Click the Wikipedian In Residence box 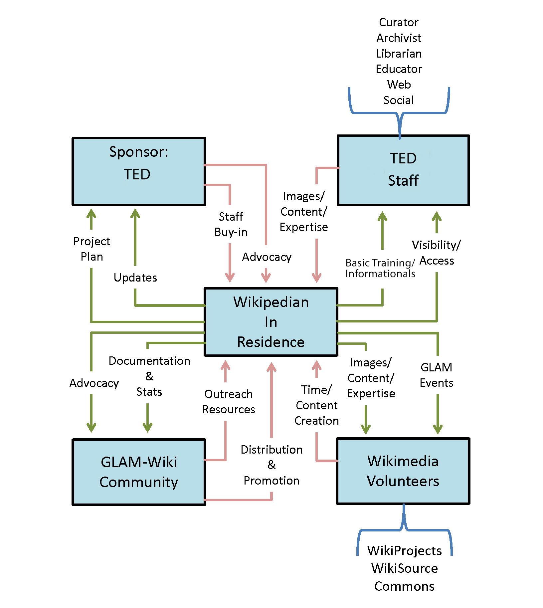click(271, 322)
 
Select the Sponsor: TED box click(139, 171)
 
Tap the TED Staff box click(403, 170)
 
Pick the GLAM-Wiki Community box click(139, 472)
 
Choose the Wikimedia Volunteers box click(403, 471)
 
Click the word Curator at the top click(399, 22)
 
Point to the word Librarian click(399, 54)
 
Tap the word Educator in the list click(399, 69)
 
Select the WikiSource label click(404, 568)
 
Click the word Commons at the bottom click(404, 586)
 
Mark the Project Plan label click(91, 249)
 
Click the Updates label click(135, 278)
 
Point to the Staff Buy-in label click(231, 224)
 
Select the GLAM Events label click(436, 375)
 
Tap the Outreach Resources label click(229, 402)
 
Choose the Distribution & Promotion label click(271, 465)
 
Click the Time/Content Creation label click(316, 405)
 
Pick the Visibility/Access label click(436, 253)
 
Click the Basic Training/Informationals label click(380, 268)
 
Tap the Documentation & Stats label click(149, 376)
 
